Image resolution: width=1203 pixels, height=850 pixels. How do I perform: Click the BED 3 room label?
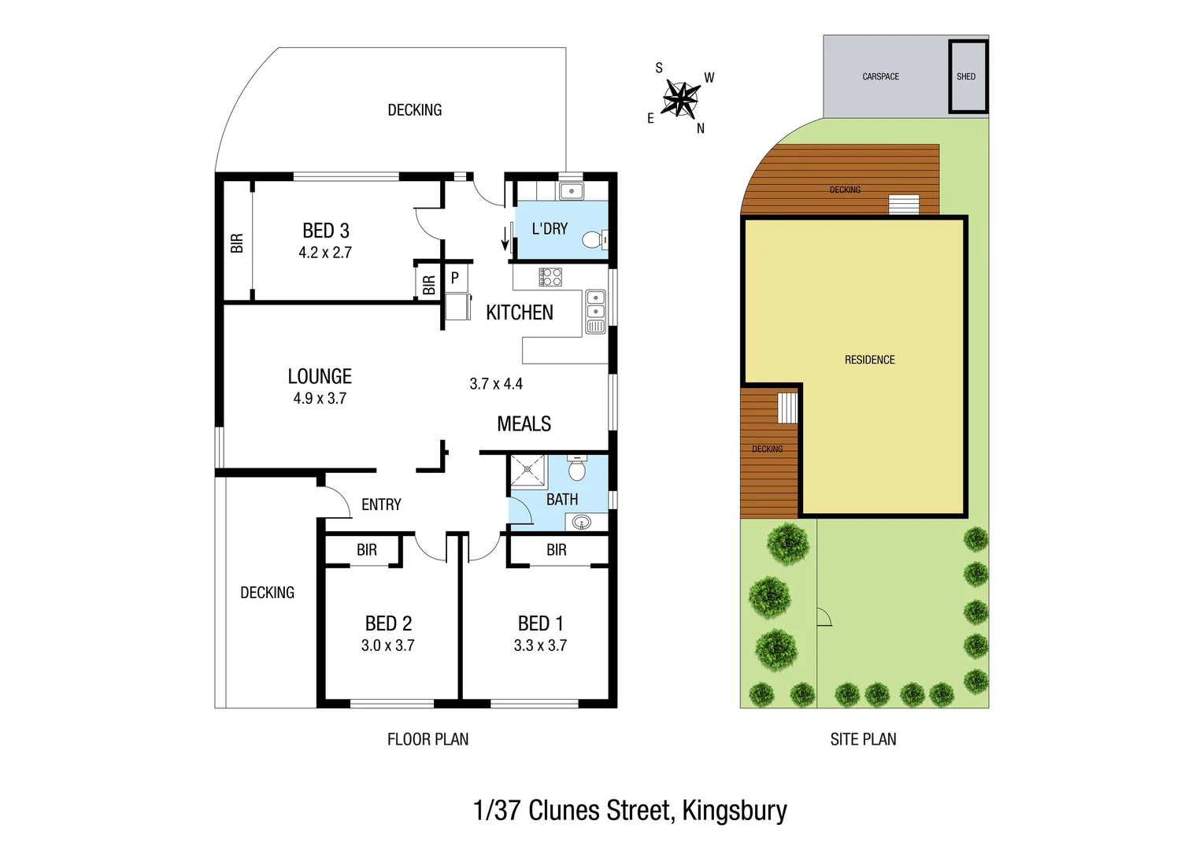[x=326, y=231]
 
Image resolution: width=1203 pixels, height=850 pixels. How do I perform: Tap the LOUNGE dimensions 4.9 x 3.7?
[x=320, y=398]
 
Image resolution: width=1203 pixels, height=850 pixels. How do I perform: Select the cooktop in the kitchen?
[x=550, y=276]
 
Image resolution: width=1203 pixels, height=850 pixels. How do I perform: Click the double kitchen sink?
[x=596, y=305]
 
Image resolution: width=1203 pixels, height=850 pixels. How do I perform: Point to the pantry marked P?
[x=455, y=278]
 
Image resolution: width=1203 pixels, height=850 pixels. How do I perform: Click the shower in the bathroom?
[x=527, y=471]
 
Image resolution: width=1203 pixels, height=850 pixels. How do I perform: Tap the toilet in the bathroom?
[x=577, y=469]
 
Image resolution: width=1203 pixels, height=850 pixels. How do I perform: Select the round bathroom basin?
[x=582, y=521]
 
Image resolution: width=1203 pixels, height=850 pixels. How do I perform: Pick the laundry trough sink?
[x=571, y=190]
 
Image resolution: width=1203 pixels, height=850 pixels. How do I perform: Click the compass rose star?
[x=679, y=99]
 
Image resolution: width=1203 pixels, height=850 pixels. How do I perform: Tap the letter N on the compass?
[x=701, y=128]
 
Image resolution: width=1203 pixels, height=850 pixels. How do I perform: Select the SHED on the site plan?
[x=967, y=76]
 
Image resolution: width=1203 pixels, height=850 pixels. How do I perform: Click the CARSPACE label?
[x=880, y=76]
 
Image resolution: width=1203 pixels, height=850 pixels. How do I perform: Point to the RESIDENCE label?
[x=869, y=360]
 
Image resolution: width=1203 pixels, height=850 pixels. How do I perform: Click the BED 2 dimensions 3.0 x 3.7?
[x=387, y=645]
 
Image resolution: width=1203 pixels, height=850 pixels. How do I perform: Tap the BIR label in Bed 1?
[x=557, y=550]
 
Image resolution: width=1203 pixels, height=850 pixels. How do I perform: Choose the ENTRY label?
[x=381, y=504]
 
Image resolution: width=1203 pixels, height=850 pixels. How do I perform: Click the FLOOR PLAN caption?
[x=428, y=739]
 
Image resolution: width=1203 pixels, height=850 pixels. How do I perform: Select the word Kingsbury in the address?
[x=734, y=811]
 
